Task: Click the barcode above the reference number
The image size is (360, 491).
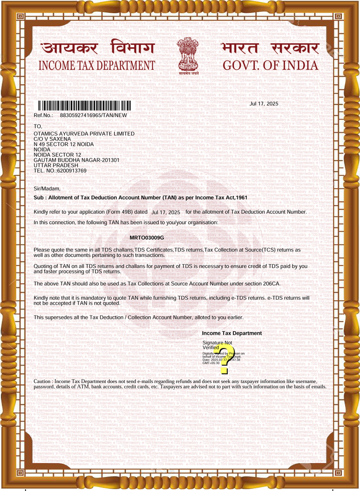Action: [x=85, y=105]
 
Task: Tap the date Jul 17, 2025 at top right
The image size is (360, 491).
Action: [x=264, y=104]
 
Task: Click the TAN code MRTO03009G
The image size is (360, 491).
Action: [x=147, y=238]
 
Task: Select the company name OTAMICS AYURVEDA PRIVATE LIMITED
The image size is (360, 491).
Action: [x=84, y=134]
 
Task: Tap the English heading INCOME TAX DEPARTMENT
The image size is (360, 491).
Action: [x=97, y=66]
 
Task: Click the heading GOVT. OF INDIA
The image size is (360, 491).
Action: [x=270, y=66]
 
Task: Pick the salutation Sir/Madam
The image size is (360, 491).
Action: [x=47, y=189]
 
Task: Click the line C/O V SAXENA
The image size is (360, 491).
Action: [x=53, y=139]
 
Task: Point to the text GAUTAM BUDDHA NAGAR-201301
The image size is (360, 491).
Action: [x=76, y=160]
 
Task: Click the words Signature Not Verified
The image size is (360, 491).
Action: [x=217, y=345]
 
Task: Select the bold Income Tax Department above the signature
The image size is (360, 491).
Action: [x=232, y=334]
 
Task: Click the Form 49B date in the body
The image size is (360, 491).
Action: [x=166, y=212]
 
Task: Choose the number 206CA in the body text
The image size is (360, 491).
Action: [x=270, y=283]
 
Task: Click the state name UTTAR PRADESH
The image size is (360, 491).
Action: [x=56, y=166]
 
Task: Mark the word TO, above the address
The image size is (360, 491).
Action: [x=38, y=127]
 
